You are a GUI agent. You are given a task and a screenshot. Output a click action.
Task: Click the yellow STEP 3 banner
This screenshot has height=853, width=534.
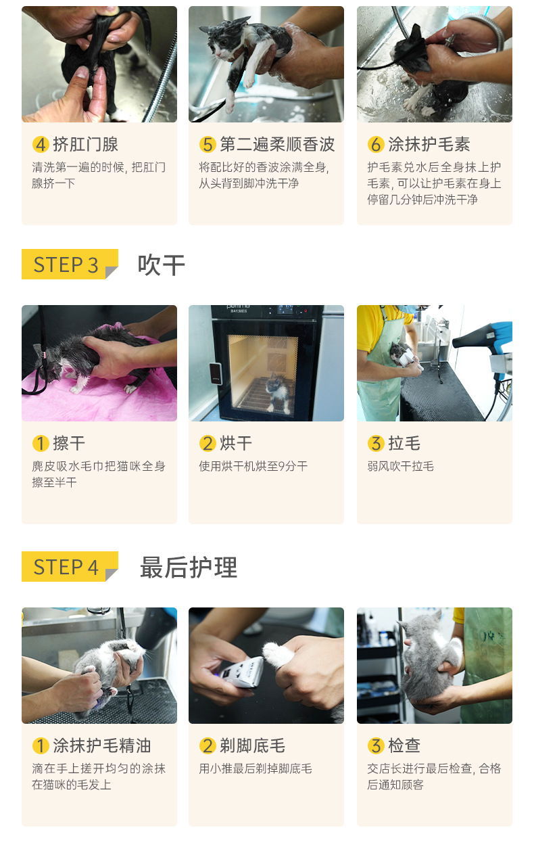70,264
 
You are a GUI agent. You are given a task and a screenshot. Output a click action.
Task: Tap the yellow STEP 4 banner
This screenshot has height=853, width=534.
70,566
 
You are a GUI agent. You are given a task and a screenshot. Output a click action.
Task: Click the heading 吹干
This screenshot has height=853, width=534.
162,264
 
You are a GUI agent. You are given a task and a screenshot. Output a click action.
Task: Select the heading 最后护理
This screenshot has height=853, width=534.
189,568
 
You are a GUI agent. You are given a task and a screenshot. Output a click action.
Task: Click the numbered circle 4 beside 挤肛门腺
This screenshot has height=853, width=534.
41,144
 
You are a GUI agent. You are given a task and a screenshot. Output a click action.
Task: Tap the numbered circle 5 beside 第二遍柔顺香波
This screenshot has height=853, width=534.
208,144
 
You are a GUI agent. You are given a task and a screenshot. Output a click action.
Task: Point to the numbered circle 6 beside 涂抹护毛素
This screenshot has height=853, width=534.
376,144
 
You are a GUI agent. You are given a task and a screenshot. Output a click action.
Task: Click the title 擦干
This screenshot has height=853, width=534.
69,443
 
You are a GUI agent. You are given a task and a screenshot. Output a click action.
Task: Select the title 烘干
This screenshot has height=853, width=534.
236,443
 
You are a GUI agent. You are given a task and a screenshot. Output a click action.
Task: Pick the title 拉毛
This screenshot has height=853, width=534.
404,443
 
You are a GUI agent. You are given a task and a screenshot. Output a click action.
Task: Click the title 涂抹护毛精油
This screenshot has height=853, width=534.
102,745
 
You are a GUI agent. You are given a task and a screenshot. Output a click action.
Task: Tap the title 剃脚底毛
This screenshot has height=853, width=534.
252,745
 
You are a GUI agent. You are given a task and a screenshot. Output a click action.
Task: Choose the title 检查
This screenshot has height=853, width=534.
404,745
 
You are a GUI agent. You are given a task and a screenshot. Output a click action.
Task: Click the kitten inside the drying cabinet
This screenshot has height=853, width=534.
278,394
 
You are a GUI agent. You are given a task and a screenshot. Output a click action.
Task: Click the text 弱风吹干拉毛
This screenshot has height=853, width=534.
400,466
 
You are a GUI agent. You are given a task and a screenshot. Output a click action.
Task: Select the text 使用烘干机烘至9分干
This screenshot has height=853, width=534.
253,466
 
